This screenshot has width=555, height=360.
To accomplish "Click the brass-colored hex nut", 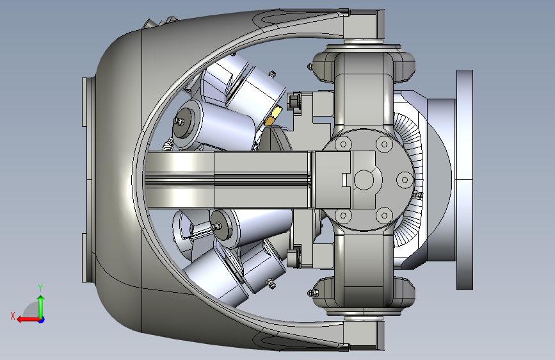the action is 273,115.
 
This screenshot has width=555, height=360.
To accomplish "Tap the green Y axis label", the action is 40,288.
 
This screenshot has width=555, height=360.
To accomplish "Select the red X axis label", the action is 13,316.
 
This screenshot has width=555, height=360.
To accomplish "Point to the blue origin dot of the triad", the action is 41,320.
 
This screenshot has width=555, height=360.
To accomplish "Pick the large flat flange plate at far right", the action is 464,179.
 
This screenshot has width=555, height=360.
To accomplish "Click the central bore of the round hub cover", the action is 364,179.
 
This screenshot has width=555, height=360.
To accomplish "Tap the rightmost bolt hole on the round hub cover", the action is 405,180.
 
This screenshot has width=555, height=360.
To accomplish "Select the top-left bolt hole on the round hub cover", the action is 342,144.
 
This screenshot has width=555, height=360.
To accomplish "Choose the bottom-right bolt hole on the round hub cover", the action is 384,215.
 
